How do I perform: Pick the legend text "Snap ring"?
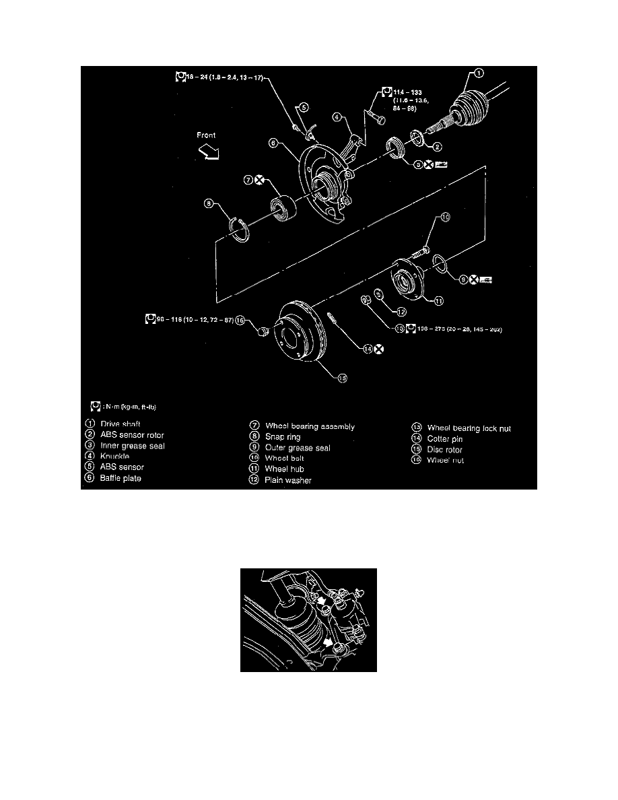[283, 437]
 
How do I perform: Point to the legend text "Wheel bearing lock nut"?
[469, 428]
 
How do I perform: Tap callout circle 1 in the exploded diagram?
[479, 73]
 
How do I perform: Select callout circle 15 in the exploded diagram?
[342, 378]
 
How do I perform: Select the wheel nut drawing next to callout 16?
[265, 329]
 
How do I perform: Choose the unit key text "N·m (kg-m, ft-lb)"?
[131, 407]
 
